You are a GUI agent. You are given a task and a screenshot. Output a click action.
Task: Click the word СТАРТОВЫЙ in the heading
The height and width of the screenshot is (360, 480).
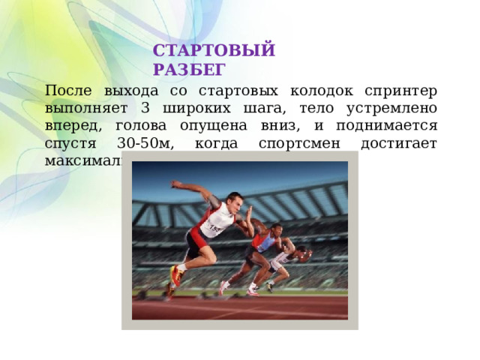(x=214, y=52)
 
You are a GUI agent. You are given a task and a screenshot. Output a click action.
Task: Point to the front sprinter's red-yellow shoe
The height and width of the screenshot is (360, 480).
(x=177, y=275)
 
